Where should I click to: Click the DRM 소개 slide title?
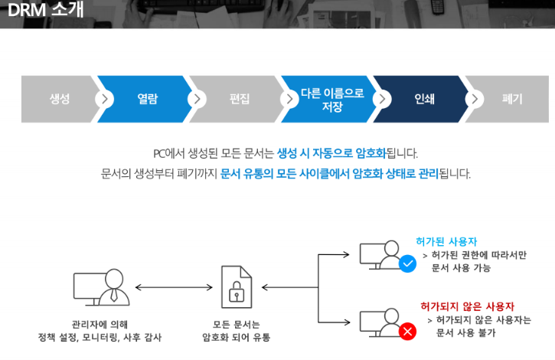coord(45,10)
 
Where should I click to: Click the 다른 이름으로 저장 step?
coord(331,99)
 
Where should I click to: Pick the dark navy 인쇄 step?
coord(424,99)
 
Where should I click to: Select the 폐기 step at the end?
coord(512,99)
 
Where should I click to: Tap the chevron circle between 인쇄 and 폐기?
coord(474,99)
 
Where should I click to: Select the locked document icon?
coord(236,288)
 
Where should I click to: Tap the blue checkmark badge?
coord(408,264)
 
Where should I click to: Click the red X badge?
coord(408,332)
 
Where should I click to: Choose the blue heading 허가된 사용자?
coord(446,241)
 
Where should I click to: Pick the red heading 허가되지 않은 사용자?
coord(467,306)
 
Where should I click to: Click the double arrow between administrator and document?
coord(173,288)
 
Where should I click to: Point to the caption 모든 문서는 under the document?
coord(236,324)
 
